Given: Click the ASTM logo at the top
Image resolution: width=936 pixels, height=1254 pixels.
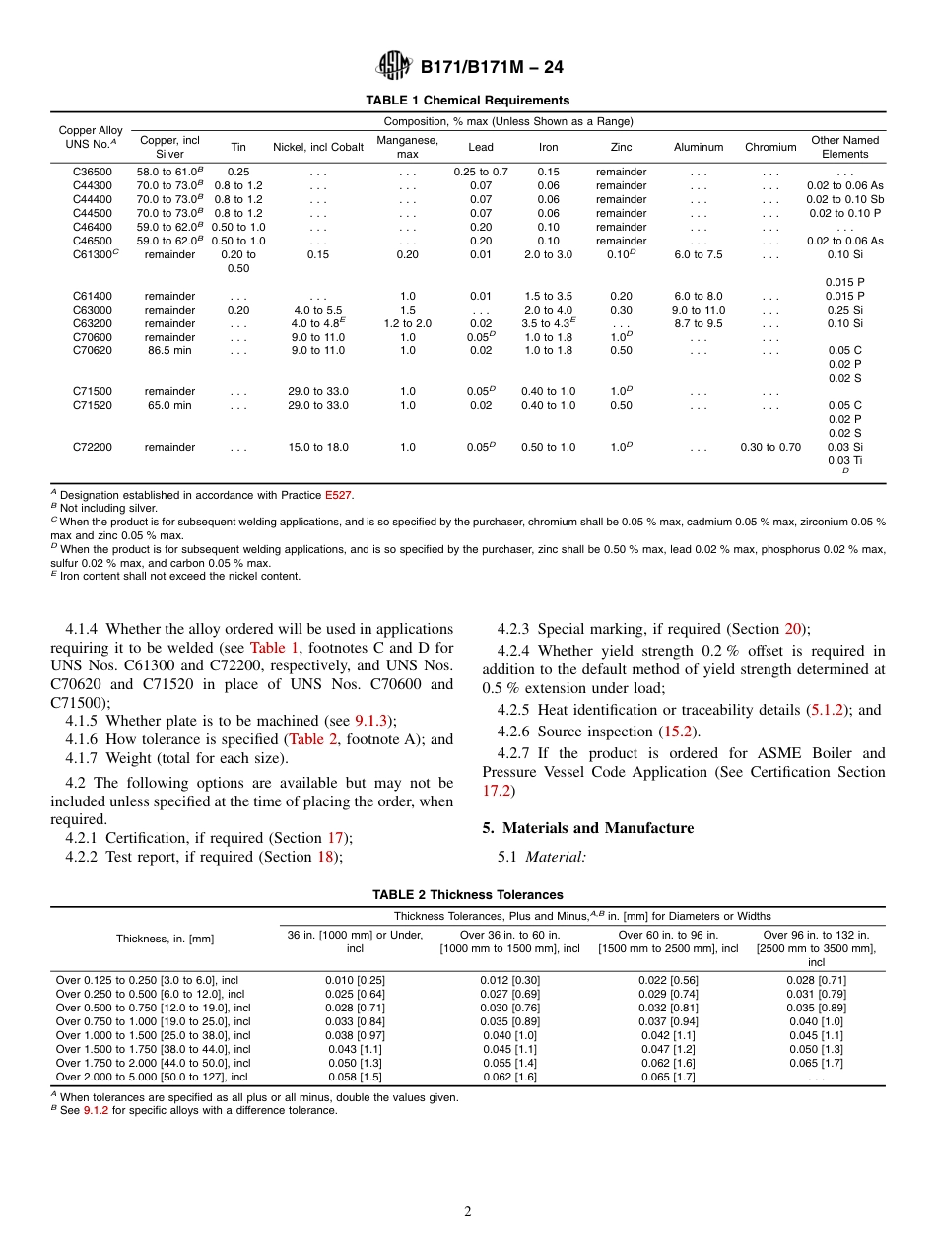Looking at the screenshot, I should [x=394, y=67].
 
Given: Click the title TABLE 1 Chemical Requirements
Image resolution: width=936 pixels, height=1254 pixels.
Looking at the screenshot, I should [x=467, y=101].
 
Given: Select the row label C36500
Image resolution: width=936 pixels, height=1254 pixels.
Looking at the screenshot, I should [x=93, y=172].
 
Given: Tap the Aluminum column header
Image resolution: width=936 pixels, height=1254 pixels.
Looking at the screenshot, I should [x=698, y=147].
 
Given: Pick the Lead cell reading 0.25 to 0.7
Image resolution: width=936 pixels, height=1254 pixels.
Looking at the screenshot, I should [x=481, y=172].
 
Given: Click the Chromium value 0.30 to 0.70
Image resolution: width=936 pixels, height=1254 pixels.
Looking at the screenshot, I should [x=769, y=447].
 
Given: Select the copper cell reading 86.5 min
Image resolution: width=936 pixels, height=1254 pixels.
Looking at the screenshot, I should [x=169, y=349].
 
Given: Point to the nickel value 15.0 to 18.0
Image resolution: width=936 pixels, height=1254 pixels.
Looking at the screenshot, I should [x=318, y=447].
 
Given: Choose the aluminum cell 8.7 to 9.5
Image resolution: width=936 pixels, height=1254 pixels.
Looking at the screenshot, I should [x=698, y=323].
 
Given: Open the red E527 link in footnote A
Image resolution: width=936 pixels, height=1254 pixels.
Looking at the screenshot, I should [x=338, y=495].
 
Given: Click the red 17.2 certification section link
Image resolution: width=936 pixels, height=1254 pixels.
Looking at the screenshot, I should [x=497, y=791].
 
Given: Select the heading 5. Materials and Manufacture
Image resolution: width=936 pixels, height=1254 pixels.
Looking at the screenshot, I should [x=587, y=828].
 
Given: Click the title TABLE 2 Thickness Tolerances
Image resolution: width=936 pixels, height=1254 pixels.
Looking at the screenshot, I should [x=467, y=895].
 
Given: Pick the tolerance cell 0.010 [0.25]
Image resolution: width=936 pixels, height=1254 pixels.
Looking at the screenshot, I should [x=355, y=980].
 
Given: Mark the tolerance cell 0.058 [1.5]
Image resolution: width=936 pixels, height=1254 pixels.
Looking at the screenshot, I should [x=355, y=1077].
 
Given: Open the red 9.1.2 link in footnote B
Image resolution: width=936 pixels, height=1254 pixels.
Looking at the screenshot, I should [x=96, y=1110].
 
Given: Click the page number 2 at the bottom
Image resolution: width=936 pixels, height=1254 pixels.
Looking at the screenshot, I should [x=468, y=1212].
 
